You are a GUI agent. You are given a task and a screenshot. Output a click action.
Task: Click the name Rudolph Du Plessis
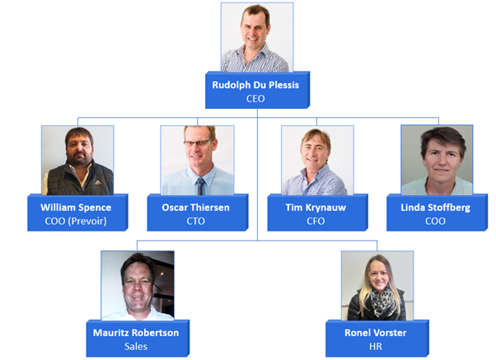tap(255, 85)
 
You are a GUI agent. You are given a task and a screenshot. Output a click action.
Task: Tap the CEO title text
tap(255, 99)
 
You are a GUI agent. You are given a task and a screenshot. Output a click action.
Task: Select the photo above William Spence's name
tap(77, 161)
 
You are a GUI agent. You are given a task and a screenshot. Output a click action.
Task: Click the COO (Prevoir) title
tap(76, 221)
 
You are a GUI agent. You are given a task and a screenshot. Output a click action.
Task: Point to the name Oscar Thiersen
tap(196, 208)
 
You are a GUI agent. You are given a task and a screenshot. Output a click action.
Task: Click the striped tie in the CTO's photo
tap(200, 186)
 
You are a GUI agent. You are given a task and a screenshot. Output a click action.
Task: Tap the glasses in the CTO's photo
tap(199, 143)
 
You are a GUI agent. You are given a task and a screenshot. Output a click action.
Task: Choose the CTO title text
tap(196, 221)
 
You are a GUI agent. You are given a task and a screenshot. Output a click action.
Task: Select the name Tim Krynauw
tap(316, 208)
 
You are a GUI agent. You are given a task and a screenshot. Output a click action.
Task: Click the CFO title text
tap(316, 221)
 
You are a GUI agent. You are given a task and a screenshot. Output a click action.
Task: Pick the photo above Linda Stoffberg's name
tap(437, 160)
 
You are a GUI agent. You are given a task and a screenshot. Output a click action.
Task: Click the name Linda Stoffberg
tap(436, 208)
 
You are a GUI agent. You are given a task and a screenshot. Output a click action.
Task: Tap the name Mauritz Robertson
tap(136, 333)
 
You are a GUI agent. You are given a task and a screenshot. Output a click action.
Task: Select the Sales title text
tap(136, 346)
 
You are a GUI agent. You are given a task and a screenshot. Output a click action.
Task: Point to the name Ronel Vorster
tap(376, 333)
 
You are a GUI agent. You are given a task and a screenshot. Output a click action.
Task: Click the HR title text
tap(376, 346)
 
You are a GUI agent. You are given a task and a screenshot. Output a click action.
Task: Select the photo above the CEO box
tap(257, 38)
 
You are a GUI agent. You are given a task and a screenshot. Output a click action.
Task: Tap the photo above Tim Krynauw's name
tap(317, 161)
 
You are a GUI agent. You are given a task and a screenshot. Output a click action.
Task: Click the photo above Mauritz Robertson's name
tap(138, 286)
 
